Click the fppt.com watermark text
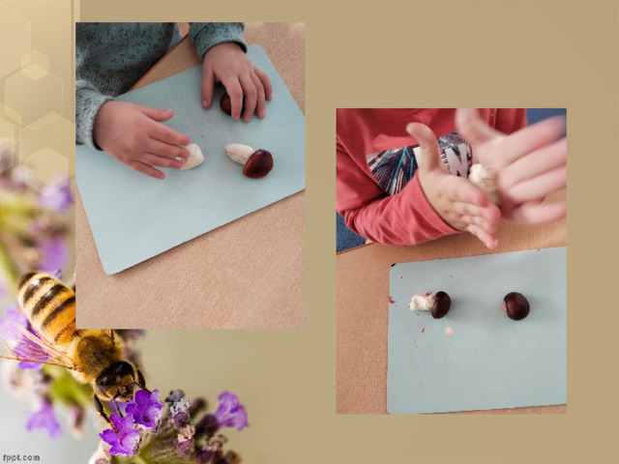20,457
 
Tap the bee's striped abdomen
47,304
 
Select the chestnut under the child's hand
226,103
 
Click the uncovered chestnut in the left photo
258,163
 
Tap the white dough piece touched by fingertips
192,157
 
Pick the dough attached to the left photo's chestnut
239,153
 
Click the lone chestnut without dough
516,305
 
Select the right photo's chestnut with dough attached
441,304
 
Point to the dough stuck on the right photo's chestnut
422,303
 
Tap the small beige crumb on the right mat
449,331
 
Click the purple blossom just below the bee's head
145,408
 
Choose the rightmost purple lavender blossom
231,412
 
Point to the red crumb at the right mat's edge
392,301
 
